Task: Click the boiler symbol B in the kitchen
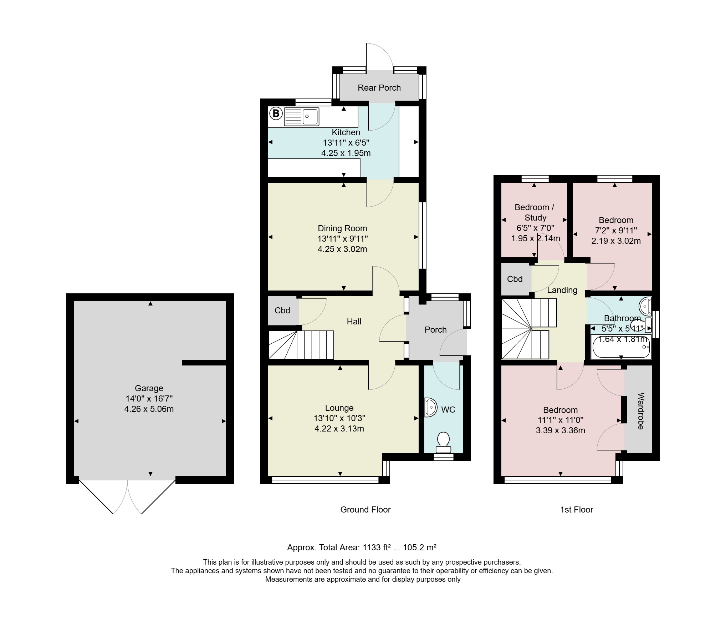(x=275, y=114)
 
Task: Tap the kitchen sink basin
(x=310, y=116)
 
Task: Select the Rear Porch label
(x=379, y=88)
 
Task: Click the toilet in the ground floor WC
(x=444, y=443)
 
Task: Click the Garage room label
(x=149, y=388)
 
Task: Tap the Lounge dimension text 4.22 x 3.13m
(x=339, y=429)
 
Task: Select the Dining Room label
(x=342, y=228)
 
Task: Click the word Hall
(x=354, y=322)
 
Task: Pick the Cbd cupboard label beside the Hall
(x=282, y=311)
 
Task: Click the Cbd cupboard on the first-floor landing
(x=515, y=279)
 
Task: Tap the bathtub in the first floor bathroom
(x=621, y=346)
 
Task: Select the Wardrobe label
(x=640, y=411)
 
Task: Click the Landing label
(x=562, y=290)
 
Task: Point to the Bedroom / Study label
(x=534, y=212)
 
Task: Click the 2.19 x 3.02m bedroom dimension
(x=616, y=241)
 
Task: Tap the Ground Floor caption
(x=365, y=510)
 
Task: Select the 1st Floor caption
(x=577, y=510)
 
